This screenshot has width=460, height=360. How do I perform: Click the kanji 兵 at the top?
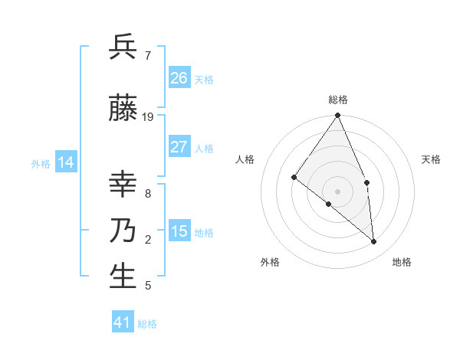[123, 47]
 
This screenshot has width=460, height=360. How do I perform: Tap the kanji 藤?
[123, 109]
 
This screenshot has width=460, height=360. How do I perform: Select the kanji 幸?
[123, 185]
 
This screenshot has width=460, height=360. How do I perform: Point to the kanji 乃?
[123, 231]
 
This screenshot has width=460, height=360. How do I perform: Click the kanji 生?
[123, 277]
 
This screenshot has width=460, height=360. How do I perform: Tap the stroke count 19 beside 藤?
[148, 117]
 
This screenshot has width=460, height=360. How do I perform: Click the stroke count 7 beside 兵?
[147, 56]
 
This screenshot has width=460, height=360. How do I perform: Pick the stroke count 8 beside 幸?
[147, 194]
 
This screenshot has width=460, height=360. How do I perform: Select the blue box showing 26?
[179, 78]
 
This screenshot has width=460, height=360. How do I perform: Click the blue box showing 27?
[179, 147]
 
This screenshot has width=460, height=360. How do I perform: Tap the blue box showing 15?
[179, 231]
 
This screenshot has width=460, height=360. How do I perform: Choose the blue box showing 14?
[66, 162]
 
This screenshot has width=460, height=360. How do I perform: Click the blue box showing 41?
[123, 322]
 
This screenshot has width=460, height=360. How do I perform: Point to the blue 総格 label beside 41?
[147, 324]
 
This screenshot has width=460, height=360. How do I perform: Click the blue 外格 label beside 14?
[41, 164]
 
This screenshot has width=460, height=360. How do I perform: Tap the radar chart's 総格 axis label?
[338, 100]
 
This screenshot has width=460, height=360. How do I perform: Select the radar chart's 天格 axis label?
[432, 159]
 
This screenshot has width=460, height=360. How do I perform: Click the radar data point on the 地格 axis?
[374, 241]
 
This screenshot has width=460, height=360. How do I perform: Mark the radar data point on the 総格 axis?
[338, 116]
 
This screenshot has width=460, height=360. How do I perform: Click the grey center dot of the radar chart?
[338, 191]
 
